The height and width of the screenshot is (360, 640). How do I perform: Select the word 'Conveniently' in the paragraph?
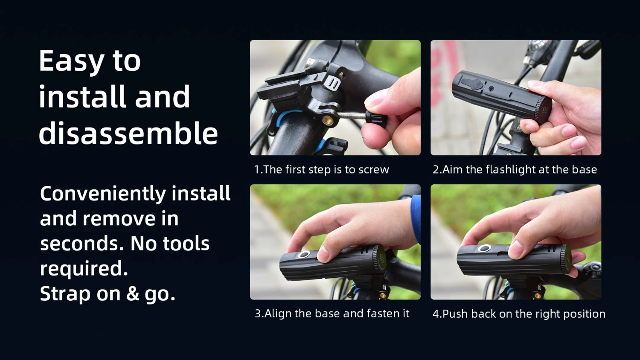[x=103, y=194]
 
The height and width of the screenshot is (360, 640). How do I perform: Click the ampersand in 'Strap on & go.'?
[x=132, y=293]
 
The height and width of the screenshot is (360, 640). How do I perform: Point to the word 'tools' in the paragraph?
[x=186, y=244]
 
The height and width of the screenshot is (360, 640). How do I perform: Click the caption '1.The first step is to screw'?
[x=322, y=170]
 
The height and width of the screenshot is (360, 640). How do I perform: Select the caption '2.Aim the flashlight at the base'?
[x=515, y=170]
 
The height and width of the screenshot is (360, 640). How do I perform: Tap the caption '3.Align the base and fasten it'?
[x=332, y=314]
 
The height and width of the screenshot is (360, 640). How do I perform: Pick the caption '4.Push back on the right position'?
[x=519, y=314]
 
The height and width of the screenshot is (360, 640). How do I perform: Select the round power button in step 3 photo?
[x=305, y=255]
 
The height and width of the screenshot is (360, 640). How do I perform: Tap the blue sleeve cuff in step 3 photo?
[x=416, y=218]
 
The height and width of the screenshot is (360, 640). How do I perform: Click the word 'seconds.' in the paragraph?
[x=82, y=244]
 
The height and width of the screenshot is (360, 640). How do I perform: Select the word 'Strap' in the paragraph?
[x=65, y=294]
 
